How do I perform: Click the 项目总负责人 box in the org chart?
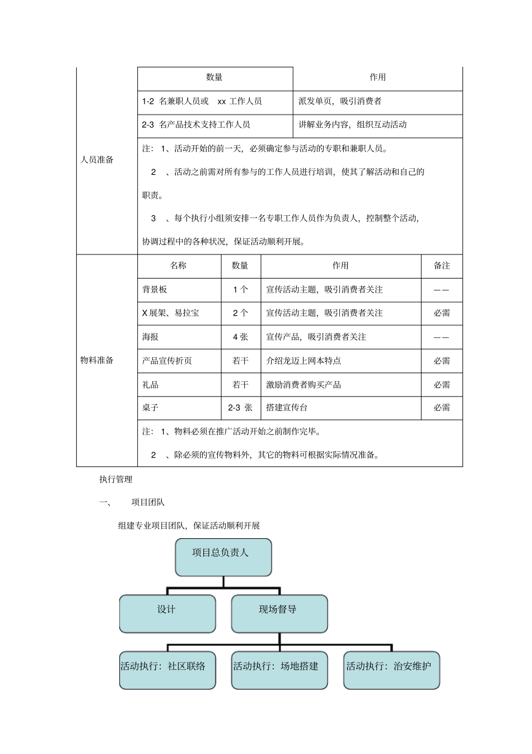pos(223,557)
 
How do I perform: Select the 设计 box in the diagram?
pos(167,613)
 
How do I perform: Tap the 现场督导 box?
pos(279,613)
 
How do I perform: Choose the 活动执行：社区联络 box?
pos(167,670)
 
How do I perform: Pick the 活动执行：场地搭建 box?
pos(279,670)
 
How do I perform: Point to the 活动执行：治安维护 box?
pos(391,670)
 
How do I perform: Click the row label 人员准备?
pos(97,160)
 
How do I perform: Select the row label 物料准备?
pos(97,360)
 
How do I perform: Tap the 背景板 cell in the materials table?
pos(155,290)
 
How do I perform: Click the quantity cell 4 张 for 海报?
pos(240,337)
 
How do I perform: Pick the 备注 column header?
pos(442,266)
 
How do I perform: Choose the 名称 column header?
pos(179,266)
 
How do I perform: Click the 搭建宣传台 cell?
pos(287,408)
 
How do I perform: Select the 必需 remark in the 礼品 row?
pos(442,385)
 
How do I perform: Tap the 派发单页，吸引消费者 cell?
pos(340,101)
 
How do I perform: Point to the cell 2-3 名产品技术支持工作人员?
pos(197,125)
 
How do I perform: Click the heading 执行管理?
pos(116,479)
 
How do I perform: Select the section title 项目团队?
pos(148,502)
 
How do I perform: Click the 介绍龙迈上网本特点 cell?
pos(304,361)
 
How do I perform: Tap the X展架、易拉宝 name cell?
pos(171,313)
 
